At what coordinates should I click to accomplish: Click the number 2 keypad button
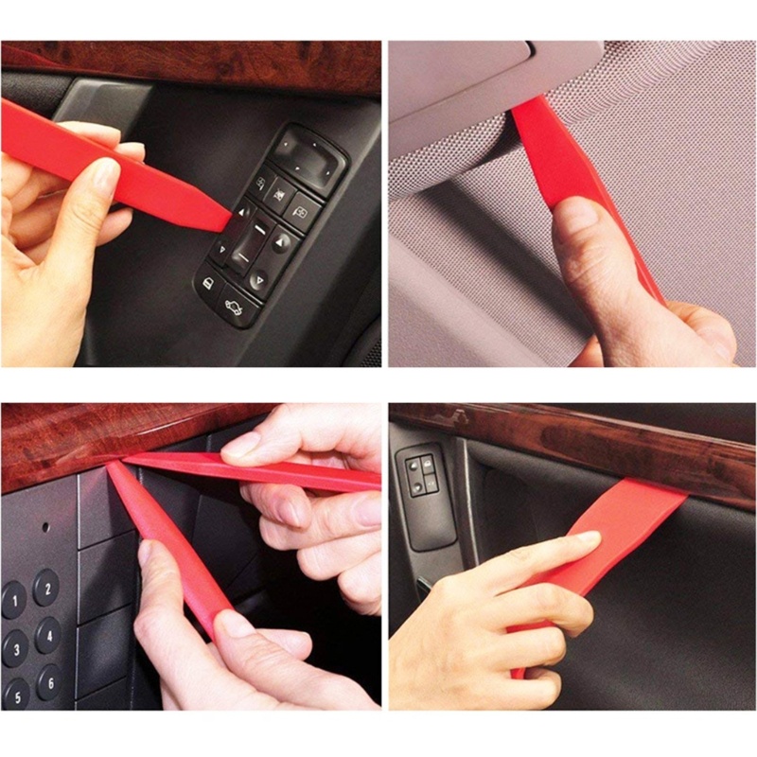coord(44,587)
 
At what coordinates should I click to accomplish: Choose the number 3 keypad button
coord(13,648)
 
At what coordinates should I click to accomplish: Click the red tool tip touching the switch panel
coord(224,220)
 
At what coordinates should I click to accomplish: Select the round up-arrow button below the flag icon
coord(282,242)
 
